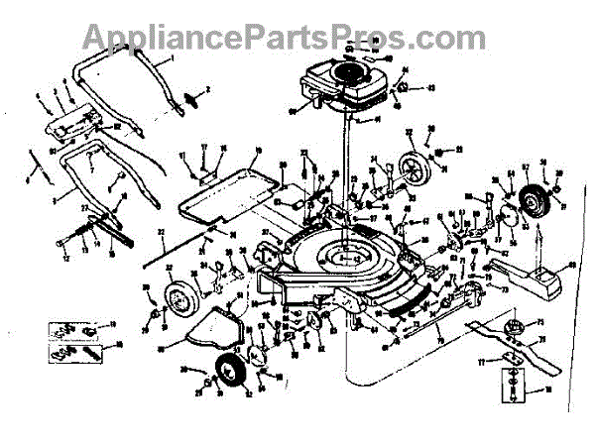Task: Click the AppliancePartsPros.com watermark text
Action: (x=282, y=37)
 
